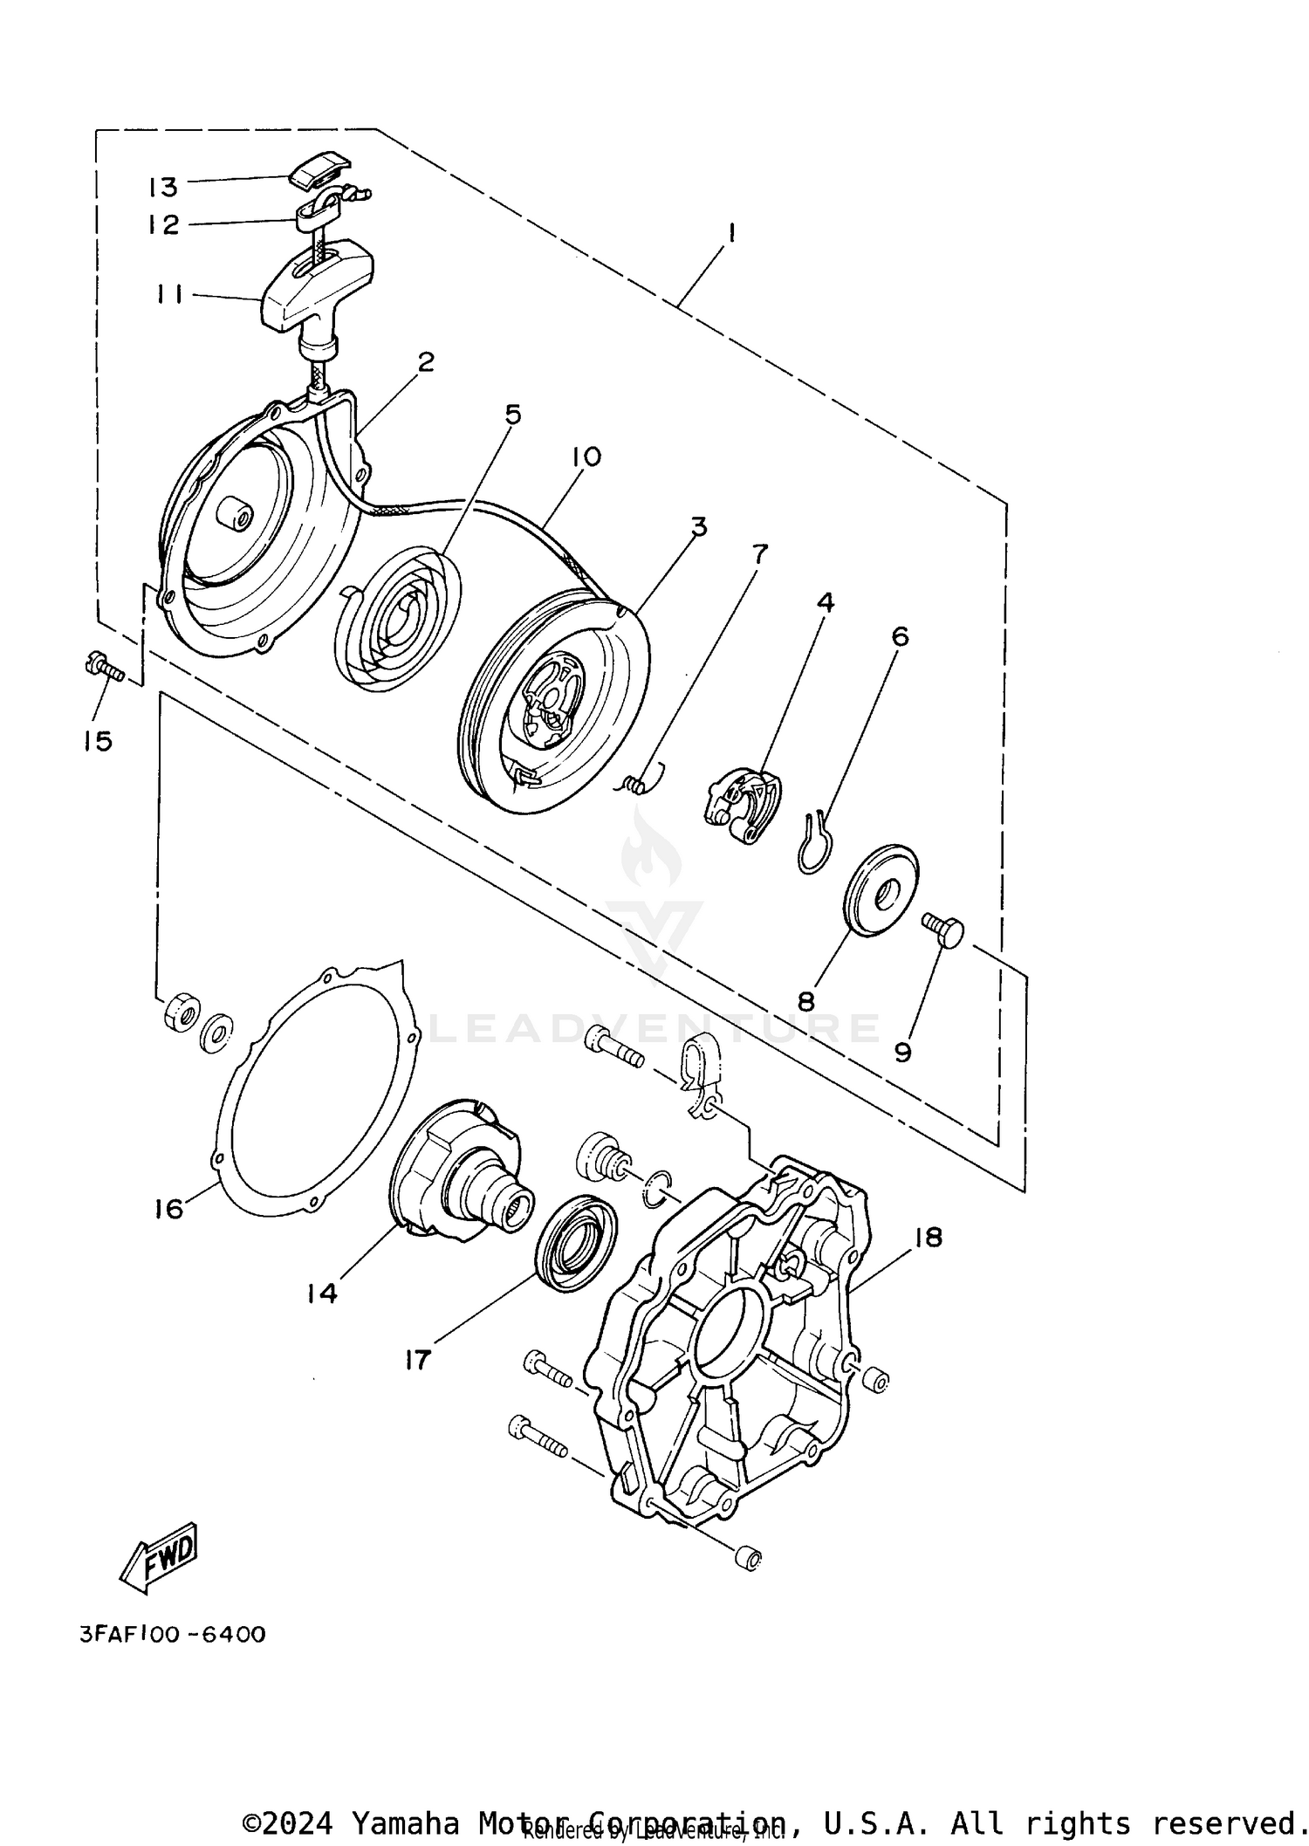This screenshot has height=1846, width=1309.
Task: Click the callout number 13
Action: tap(162, 187)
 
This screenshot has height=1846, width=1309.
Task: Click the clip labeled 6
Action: tap(815, 841)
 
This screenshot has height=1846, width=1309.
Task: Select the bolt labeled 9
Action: tap(943, 930)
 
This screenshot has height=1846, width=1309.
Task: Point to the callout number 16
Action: tap(169, 1209)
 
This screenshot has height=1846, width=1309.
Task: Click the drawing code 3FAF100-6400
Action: tap(173, 1633)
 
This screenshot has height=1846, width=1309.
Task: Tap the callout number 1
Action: tap(731, 233)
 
